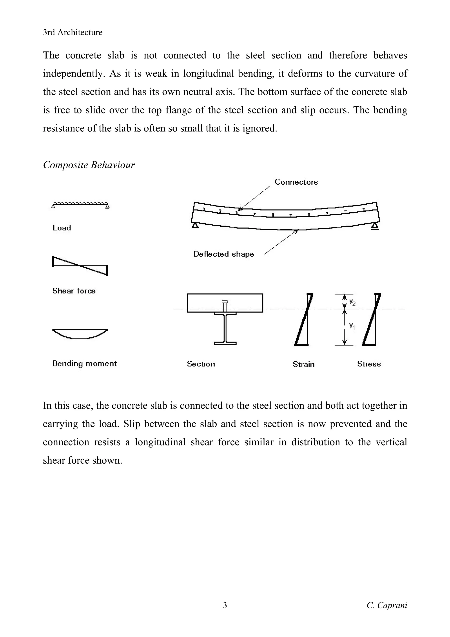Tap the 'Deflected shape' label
(223, 254)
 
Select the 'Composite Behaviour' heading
(89, 165)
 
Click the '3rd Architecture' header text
(73, 33)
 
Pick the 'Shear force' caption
(74, 291)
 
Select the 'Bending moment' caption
(84, 363)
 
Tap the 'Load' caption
(62, 228)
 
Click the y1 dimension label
(352, 326)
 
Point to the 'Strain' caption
(304, 364)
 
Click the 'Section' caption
(201, 364)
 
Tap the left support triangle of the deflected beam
(195, 225)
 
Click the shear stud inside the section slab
(225, 305)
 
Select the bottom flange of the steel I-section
(225, 343)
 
